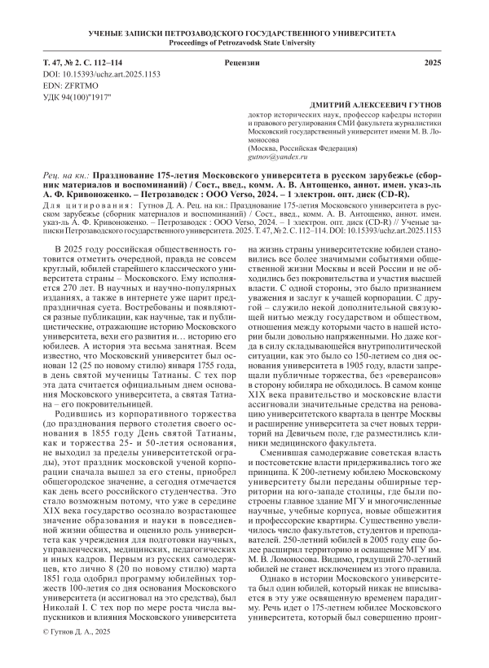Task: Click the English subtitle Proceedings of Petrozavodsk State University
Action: [x=244, y=44]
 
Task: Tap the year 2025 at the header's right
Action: [x=435, y=63]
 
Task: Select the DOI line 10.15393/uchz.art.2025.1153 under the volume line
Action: [x=95, y=74]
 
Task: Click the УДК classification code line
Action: [x=76, y=97]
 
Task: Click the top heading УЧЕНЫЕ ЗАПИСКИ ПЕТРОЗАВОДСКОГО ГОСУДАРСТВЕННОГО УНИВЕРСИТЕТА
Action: [x=244, y=34]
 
